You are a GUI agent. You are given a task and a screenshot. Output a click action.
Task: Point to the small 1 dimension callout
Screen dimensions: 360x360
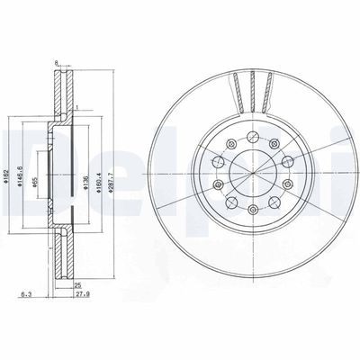(78, 108)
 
